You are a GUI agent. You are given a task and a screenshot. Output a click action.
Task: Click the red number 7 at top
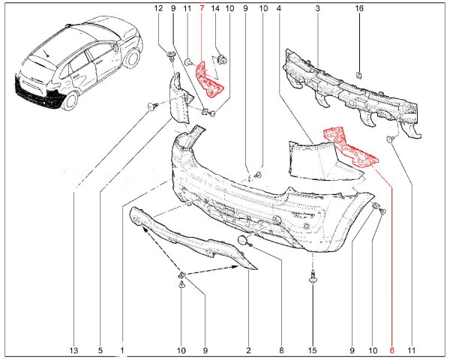[202, 8]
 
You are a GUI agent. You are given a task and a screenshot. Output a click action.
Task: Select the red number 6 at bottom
[392, 350]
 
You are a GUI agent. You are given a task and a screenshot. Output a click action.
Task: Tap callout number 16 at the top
[359, 8]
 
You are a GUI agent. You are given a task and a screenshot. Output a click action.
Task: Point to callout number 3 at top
[317, 8]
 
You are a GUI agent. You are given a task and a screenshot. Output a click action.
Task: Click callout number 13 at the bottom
[73, 350]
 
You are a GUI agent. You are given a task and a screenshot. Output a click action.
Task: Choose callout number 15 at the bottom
[312, 350]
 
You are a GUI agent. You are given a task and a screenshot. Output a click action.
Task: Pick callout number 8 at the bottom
[281, 350]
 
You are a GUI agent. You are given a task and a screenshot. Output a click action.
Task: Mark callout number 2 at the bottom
[248, 350]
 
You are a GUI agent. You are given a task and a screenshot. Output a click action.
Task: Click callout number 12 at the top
[158, 8]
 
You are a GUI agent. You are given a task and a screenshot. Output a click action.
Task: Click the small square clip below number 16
[358, 76]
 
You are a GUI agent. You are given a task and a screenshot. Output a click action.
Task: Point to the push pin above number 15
[313, 277]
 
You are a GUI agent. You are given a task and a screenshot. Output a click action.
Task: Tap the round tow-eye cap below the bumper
[242, 240]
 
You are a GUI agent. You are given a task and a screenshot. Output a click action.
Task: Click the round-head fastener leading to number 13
[151, 107]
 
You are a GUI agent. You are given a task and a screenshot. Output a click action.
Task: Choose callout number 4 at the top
[279, 8]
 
